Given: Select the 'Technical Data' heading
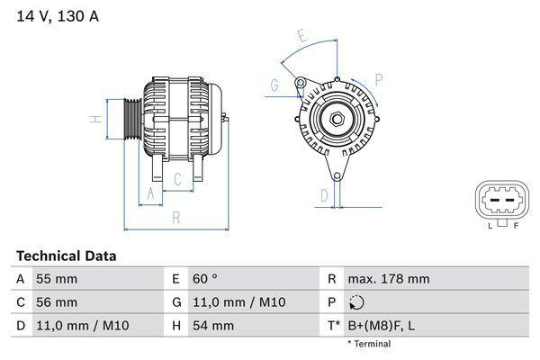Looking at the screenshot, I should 66,256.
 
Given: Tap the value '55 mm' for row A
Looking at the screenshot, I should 56,279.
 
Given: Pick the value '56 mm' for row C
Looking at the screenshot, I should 56,302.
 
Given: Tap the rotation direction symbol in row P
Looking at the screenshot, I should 357,302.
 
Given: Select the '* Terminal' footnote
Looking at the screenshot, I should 369,344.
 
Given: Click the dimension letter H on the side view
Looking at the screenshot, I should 94,119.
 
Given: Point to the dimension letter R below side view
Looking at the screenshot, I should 176,217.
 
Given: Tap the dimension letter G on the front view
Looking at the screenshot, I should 274,85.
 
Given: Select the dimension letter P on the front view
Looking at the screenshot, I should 378,79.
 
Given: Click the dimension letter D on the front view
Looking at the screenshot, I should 324,193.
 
